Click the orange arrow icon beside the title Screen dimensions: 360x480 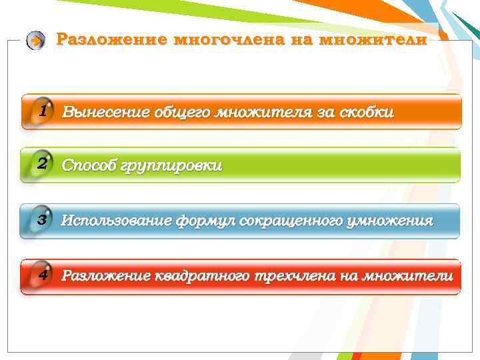click(36, 41)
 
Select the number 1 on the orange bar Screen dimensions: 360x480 click(42, 110)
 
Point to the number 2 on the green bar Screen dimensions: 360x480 click(42, 163)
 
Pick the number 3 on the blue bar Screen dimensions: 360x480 click(42, 219)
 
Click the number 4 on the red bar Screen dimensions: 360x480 click(42, 274)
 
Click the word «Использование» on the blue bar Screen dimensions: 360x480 click(117, 221)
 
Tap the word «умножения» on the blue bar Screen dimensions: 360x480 click(389, 221)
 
